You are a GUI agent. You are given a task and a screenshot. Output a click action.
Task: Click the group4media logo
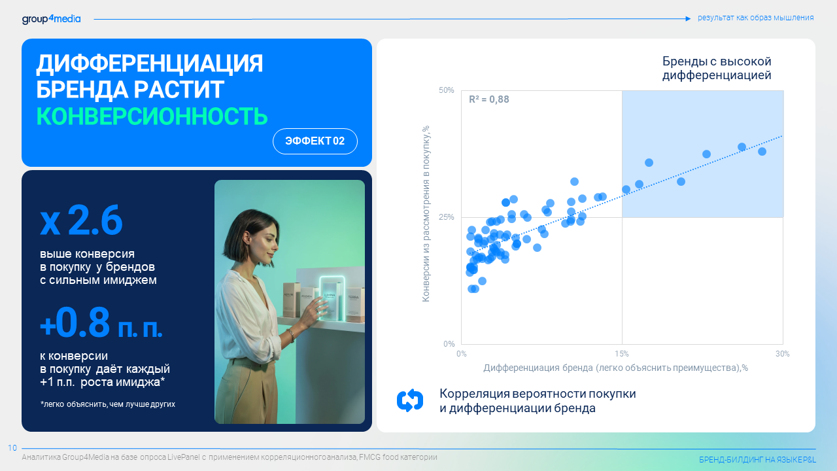coord(51,19)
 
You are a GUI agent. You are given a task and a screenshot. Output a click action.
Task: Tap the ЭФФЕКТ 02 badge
coord(315,141)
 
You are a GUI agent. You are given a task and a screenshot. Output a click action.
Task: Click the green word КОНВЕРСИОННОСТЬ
coord(152,116)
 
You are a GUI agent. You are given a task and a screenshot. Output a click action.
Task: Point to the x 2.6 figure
coord(81,220)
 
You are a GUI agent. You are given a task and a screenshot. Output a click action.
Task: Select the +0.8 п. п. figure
coord(101,323)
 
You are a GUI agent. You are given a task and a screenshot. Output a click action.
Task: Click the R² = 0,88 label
coord(488,99)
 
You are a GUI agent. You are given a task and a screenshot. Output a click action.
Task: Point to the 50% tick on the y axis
coord(446,90)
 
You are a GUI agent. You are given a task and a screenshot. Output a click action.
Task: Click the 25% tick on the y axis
coord(446,217)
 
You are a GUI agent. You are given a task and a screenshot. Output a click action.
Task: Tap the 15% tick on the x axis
coord(622,354)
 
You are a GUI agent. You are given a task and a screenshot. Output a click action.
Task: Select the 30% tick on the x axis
coord(783,354)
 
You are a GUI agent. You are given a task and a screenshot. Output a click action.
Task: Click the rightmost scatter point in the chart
coord(762,151)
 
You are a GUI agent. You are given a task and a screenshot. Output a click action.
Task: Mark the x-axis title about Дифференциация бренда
coord(615,368)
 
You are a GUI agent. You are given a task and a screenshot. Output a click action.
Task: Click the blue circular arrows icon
coord(410,400)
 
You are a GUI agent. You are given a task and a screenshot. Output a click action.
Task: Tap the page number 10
coord(12,448)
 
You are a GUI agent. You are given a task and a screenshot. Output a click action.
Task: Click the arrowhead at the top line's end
coord(689,19)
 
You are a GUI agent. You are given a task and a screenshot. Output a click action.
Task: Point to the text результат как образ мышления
coord(755,18)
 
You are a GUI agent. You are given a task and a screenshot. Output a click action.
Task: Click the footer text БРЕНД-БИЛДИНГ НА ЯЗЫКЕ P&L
coord(757,460)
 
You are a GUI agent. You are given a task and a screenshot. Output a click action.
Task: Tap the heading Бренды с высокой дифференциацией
coord(717,68)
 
